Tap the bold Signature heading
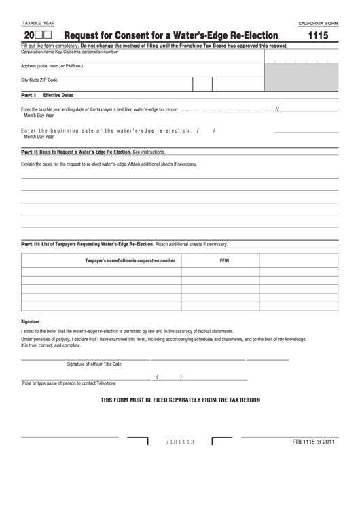pyautogui.click(x=31, y=321)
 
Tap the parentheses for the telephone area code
pyautogui.click(x=168, y=376)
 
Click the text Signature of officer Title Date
pyautogui.click(x=94, y=364)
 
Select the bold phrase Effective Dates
pyautogui.click(x=58, y=96)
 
